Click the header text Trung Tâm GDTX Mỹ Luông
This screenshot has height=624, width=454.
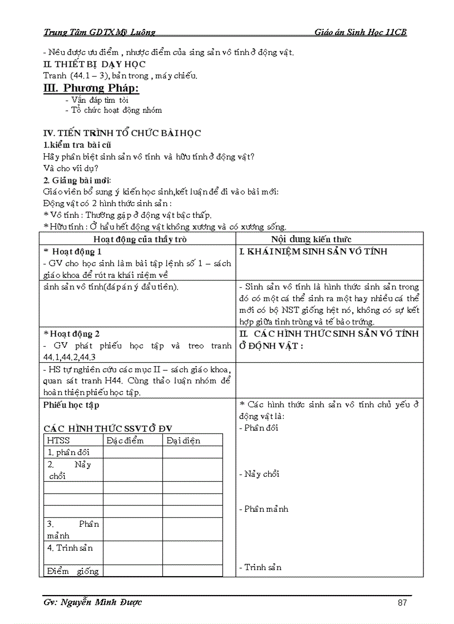coord(100,32)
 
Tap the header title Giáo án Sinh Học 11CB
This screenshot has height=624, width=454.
coord(361,32)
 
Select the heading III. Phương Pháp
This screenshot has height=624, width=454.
coord(91,88)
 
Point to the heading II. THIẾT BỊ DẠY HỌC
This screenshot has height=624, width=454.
coord(95,64)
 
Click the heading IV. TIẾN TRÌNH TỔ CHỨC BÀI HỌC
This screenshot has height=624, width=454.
coord(122,133)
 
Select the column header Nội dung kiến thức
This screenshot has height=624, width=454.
coord(311,239)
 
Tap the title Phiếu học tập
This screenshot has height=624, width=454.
coord(72,405)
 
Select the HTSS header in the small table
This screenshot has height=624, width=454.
coord(59,441)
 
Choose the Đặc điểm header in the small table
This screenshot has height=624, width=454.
coord(125,441)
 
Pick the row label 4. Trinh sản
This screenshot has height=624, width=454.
coord(70,548)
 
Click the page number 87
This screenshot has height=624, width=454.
coord(403,603)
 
